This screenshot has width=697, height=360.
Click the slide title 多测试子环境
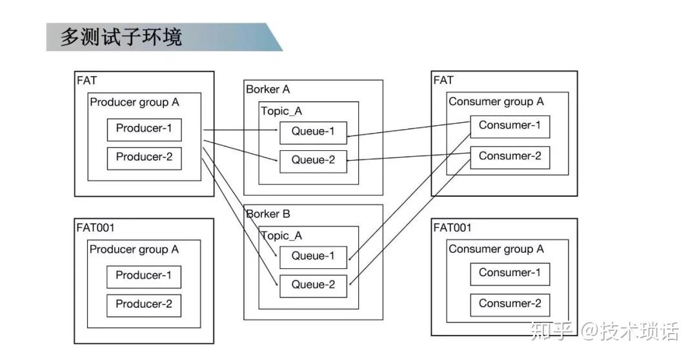(121, 37)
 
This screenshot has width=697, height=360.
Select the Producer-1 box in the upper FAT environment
(144, 128)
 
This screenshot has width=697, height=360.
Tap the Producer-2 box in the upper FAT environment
(144, 157)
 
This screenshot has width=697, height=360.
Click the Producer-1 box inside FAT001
(143, 275)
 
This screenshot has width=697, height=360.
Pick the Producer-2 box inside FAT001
(143, 304)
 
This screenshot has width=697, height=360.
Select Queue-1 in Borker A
(313, 132)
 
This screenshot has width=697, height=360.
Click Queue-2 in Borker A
(313, 161)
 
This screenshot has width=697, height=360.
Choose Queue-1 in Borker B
(313, 256)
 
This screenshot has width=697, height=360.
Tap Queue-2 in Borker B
(313, 285)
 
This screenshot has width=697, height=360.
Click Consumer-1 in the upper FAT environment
(509, 126)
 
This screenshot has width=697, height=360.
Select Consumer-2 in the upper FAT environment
(509, 156)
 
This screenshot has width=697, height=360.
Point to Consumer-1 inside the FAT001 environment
(509, 273)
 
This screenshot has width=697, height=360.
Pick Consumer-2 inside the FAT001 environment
(509, 304)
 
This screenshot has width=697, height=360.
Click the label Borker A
(268, 90)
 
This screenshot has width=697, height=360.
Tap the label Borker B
(268, 214)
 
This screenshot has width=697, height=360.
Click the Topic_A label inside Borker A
(281, 112)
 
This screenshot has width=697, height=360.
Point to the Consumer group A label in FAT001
(496, 249)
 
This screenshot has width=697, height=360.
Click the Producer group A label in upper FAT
(134, 102)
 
